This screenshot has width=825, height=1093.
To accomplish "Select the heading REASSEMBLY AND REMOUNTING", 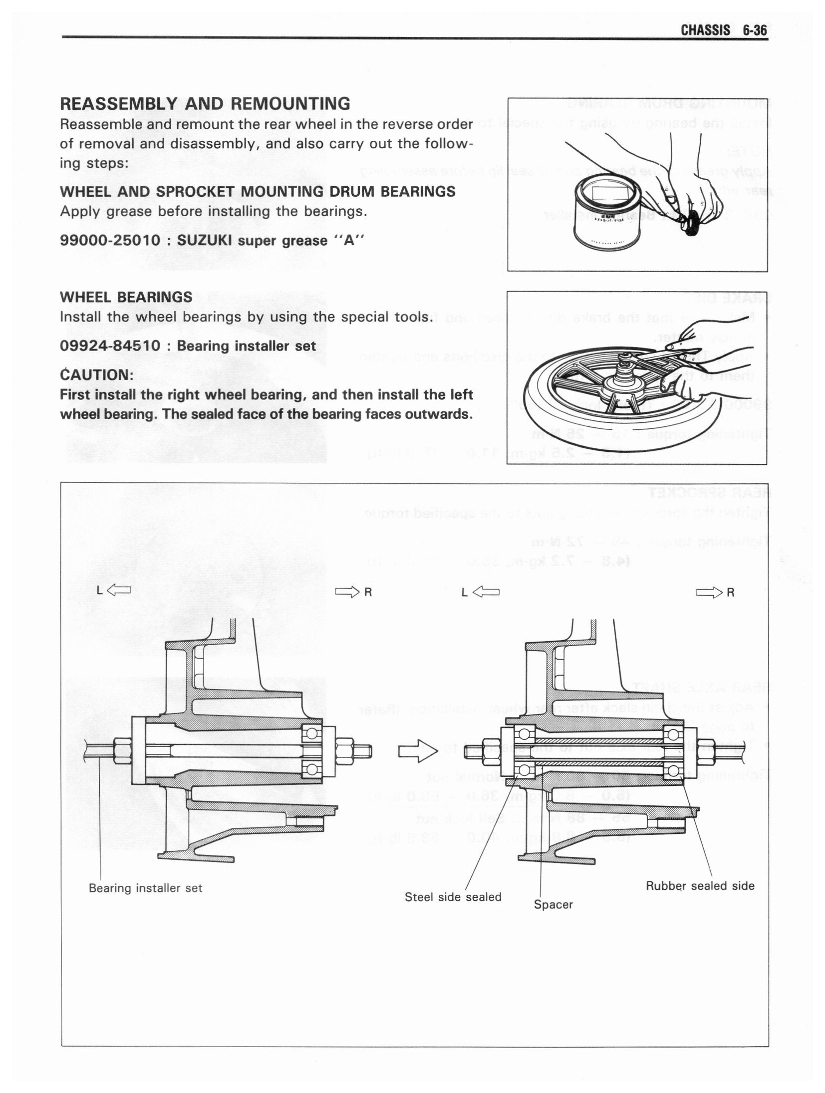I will click(205, 104).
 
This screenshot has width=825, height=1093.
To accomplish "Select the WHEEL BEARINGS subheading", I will click(126, 297).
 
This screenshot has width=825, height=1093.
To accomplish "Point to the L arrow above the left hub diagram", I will click(114, 591).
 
